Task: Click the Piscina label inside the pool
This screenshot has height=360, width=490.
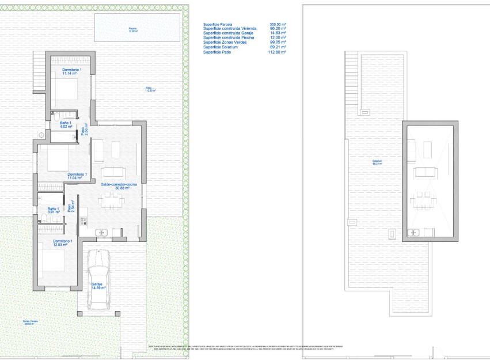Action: point(133,30)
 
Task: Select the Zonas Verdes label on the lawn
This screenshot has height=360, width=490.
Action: point(27,323)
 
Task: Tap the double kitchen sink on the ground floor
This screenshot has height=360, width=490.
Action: point(102,232)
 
